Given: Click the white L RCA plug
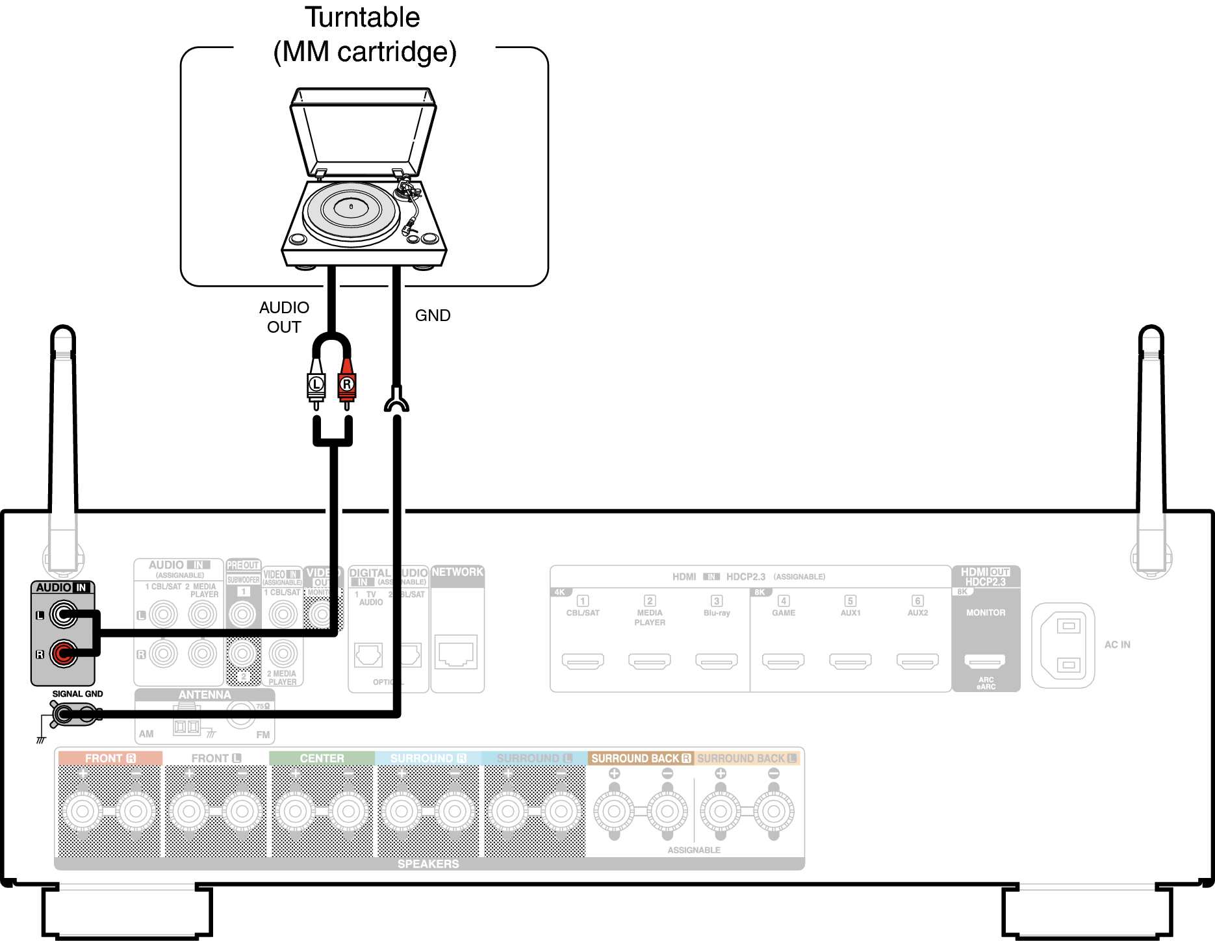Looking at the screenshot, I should (316, 384).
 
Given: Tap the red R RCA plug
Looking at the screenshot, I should (347, 384).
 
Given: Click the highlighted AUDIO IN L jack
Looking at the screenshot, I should (64, 614).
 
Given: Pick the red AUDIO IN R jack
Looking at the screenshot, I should (64, 653).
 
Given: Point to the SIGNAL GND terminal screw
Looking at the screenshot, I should (63, 715).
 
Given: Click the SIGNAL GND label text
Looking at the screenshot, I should (77, 694).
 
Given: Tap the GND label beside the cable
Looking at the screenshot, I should (433, 316).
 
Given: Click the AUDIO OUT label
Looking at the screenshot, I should (284, 317).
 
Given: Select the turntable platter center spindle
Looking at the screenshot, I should (351, 207).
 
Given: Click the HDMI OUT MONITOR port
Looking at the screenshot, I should (985, 662).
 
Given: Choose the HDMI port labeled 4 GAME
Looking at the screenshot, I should (783, 662).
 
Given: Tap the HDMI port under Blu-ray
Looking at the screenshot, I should (716, 662).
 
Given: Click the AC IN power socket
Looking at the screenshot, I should (1063, 645).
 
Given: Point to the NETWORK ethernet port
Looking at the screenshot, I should (457, 652).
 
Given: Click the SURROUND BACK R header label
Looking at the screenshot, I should (641, 758).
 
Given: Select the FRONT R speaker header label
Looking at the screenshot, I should (110, 758).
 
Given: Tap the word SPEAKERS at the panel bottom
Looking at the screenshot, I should (428, 864).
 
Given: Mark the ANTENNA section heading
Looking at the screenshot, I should (205, 695).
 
